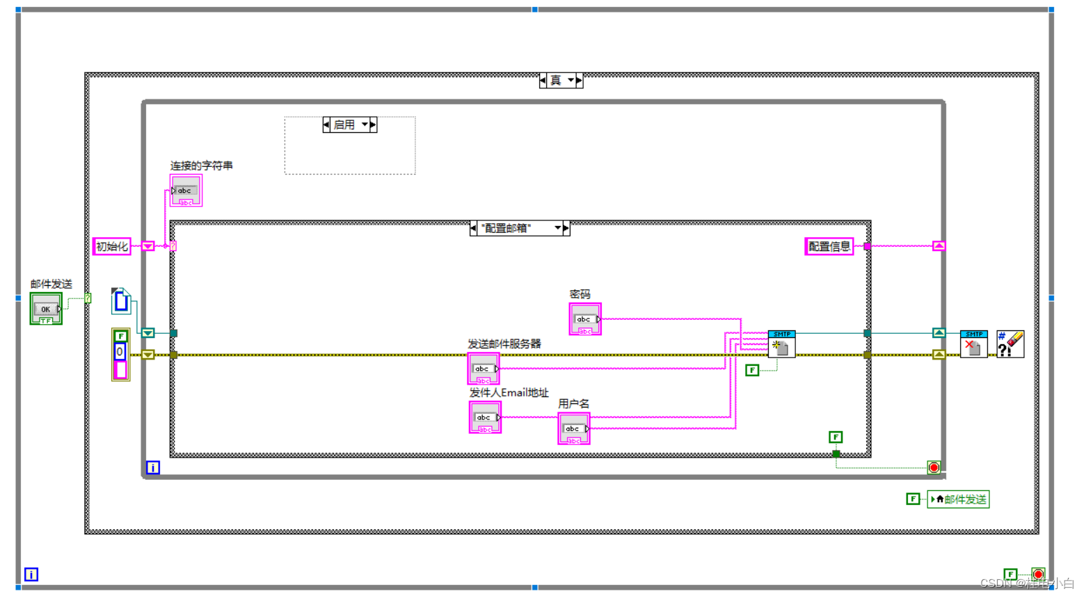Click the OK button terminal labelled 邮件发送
(x=46, y=308)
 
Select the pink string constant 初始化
(x=111, y=246)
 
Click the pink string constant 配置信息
(x=829, y=246)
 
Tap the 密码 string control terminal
(x=584, y=319)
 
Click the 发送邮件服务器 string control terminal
(x=483, y=369)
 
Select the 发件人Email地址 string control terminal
(x=484, y=417)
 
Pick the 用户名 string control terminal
(x=573, y=428)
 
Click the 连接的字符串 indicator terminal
(x=185, y=191)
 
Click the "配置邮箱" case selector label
(x=519, y=228)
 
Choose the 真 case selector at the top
(x=560, y=81)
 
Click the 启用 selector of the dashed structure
(x=349, y=125)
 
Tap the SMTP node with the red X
(x=973, y=344)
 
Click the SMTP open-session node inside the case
(x=781, y=344)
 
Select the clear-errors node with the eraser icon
(x=1010, y=344)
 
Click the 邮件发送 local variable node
(x=958, y=499)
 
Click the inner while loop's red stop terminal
(x=934, y=467)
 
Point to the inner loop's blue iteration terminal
(x=153, y=467)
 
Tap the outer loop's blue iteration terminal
(x=31, y=574)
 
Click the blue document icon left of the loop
(x=121, y=301)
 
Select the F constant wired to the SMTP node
(x=752, y=370)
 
